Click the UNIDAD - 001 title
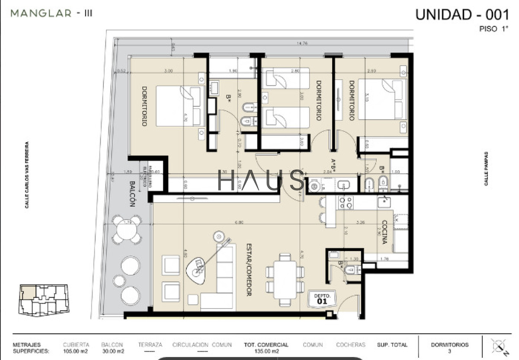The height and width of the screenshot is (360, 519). coord(461,14)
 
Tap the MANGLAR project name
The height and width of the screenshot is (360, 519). coord(41,13)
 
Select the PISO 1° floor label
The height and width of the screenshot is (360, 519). coord(493,29)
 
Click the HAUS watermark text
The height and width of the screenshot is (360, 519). coord(261,180)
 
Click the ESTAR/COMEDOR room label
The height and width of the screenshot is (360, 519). coord(249,269)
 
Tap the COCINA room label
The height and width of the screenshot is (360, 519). coord(384,232)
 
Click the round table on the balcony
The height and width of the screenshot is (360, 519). coord(126,229)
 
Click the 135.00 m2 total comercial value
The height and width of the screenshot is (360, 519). coord(266,351)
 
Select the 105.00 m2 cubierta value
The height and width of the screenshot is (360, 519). coord(76,351)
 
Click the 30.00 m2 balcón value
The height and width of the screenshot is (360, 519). coord(112,351)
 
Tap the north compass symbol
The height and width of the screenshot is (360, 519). coord(499,347)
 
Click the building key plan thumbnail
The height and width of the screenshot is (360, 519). coord(43,299)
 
